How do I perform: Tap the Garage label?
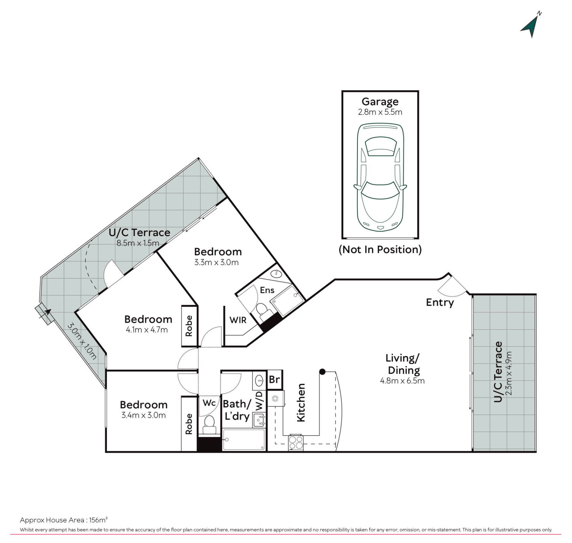pyautogui.click(x=380, y=102)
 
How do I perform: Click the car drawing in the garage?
pyautogui.click(x=380, y=177)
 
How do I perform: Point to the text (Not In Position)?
pyautogui.click(x=380, y=249)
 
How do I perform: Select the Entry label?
pyautogui.click(x=440, y=302)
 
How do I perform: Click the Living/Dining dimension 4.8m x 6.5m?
pyautogui.click(x=402, y=381)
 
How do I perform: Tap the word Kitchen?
pyautogui.click(x=301, y=402)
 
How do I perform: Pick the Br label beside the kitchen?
pyautogui.click(x=274, y=379)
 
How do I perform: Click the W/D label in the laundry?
pyautogui.click(x=259, y=401)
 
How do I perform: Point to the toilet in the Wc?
pyautogui.click(x=209, y=424)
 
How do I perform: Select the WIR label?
pyautogui.click(x=238, y=320)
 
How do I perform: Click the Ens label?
pyautogui.click(x=267, y=290)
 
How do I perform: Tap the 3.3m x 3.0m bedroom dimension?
pyautogui.click(x=217, y=262)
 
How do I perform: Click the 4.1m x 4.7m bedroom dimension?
pyautogui.click(x=147, y=330)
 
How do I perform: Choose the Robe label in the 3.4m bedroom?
pyautogui.click(x=189, y=423)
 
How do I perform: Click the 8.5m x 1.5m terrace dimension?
pyautogui.click(x=138, y=243)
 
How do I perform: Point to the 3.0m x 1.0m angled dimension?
pyautogui.click(x=82, y=341)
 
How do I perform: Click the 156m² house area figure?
pyautogui.click(x=98, y=520)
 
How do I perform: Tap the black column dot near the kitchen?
pyautogui.click(x=322, y=372)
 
